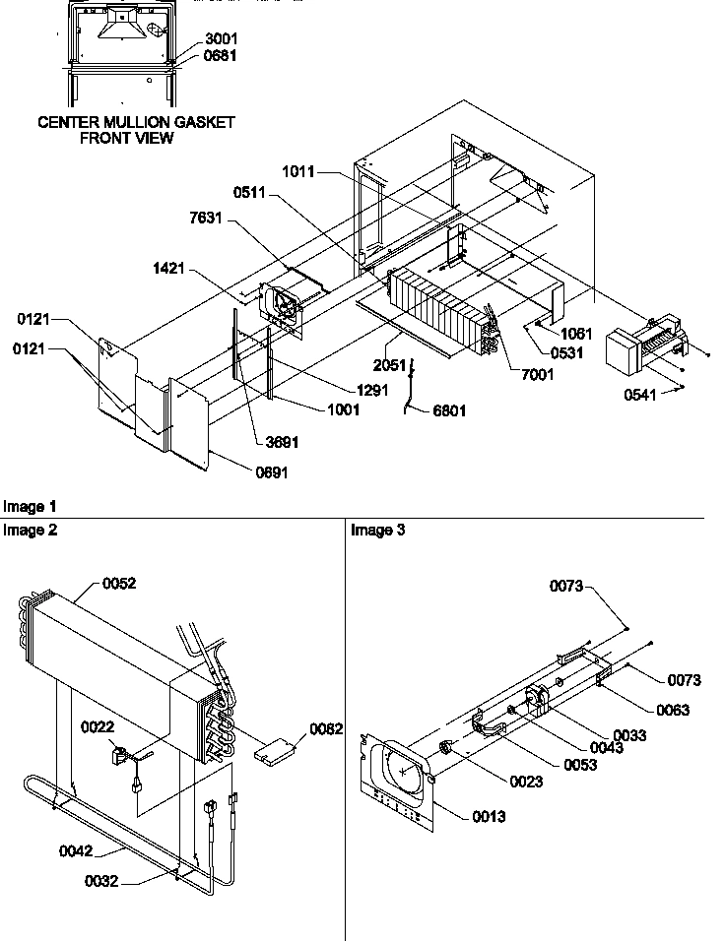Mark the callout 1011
pos(297,171)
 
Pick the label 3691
pos(282,443)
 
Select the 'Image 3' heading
pos(378,531)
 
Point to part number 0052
pos(119,584)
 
